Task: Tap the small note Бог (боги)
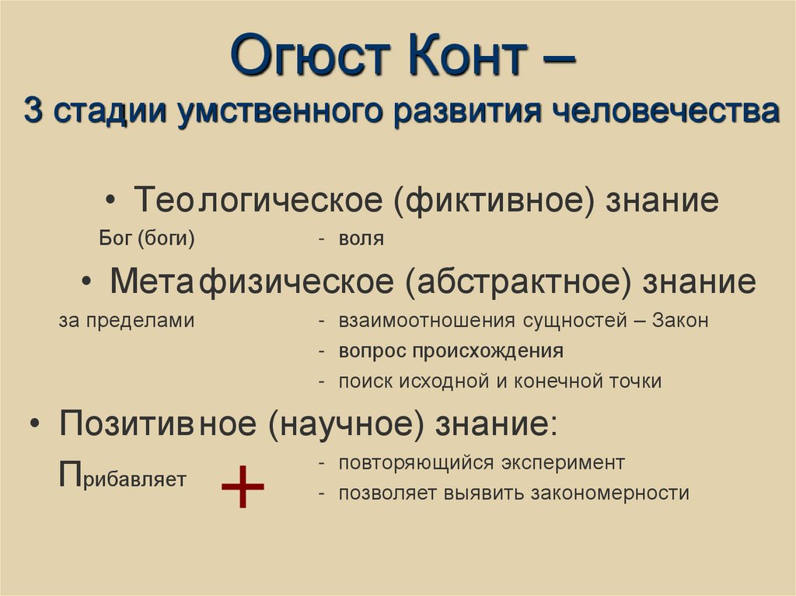[147, 239]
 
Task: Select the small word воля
[361, 239]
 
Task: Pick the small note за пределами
[125, 320]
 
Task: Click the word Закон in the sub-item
[680, 320]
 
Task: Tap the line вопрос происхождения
[450, 350]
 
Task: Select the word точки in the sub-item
[636, 381]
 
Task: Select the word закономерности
[613, 493]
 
